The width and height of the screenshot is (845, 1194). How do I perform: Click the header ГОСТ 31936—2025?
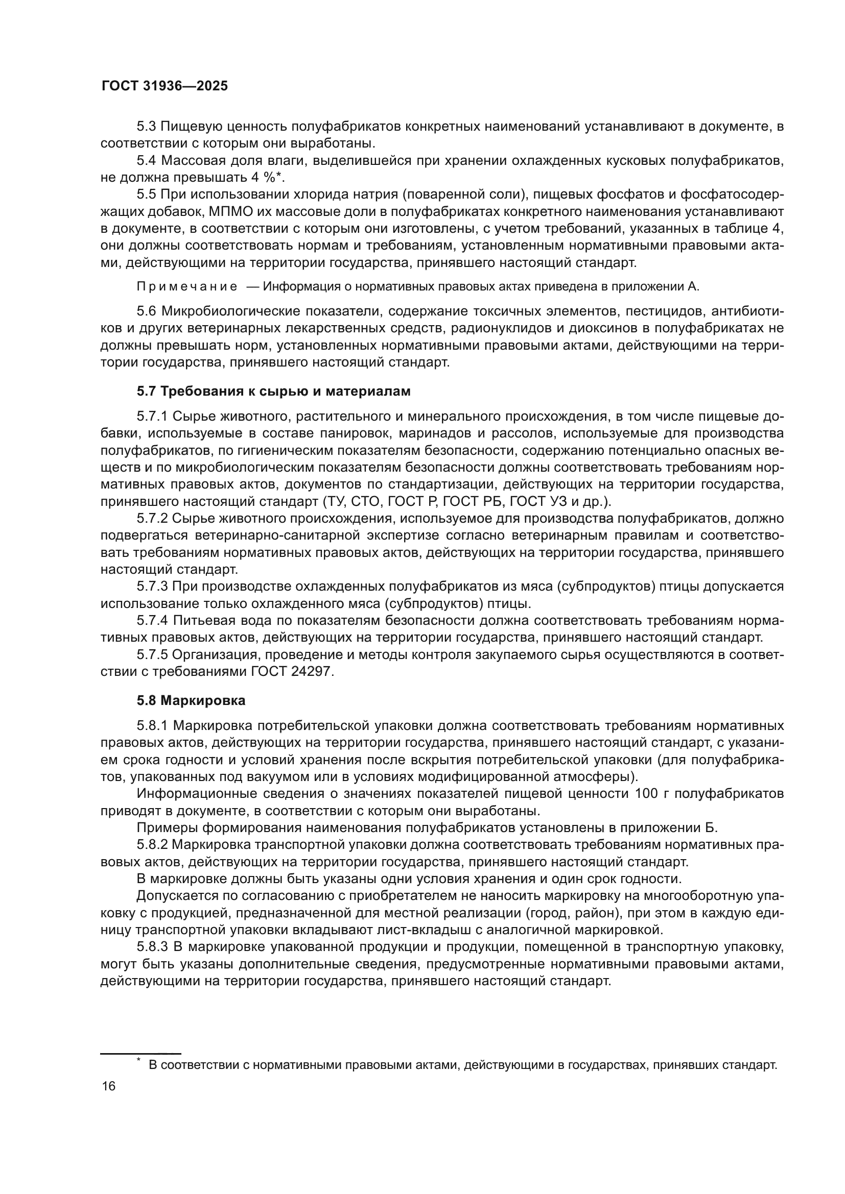point(165,86)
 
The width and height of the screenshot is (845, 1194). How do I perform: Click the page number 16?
point(109,1086)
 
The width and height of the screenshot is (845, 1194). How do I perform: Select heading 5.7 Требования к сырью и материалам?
point(274,391)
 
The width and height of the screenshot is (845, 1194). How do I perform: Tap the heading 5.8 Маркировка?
point(191,700)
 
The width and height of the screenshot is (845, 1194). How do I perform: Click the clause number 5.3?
point(146,127)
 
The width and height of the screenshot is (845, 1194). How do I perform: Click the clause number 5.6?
point(146,311)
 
